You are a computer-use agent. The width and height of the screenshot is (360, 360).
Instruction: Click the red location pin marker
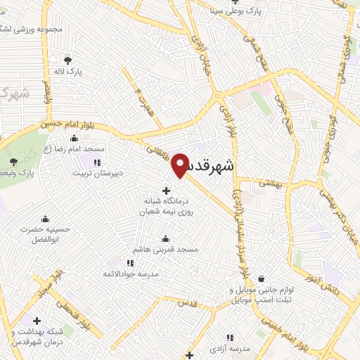click(x=181, y=163)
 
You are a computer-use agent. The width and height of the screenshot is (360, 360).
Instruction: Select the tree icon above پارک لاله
click(x=68, y=60)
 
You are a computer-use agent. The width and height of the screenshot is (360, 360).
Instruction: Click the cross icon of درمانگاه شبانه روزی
click(x=166, y=190)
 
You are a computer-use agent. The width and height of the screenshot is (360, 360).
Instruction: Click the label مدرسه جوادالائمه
click(x=129, y=273)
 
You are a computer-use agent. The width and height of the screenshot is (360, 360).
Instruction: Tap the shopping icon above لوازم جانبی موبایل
click(x=262, y=278)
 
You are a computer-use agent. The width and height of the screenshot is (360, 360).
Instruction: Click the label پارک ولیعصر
click(x=37, y=172)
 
